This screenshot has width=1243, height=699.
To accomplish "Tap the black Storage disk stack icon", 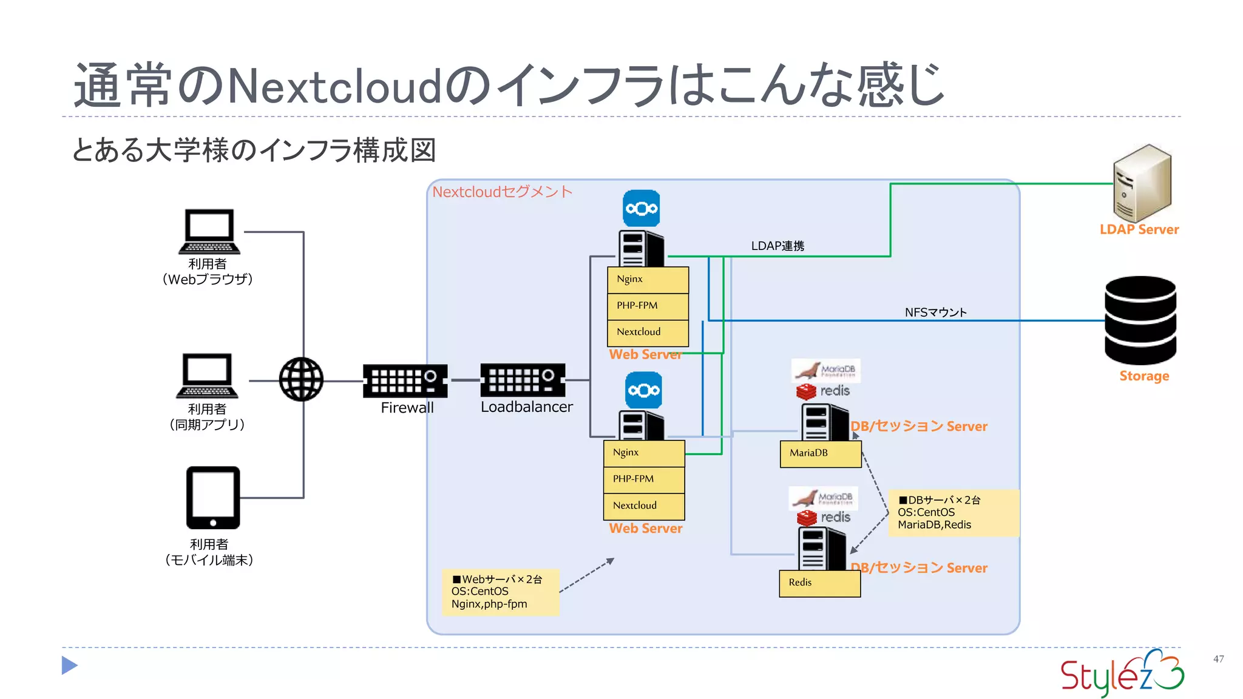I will point(1140,320).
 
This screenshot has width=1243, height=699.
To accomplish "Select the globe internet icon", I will point(301,379).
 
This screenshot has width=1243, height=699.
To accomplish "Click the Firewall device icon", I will point(405,380).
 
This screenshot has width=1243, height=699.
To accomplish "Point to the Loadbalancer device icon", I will point(523,380).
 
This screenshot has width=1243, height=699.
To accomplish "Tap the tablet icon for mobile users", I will point(213,498).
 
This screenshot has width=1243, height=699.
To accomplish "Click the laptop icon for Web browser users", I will point(209,232).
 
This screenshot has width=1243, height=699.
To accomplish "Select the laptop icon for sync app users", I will point(207,376).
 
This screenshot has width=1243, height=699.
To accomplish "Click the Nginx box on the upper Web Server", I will point(648,280).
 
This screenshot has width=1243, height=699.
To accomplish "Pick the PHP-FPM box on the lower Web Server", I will point(644,479).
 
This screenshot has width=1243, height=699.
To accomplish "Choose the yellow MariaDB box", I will point(820,453).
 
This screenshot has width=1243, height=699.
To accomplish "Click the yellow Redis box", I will point(819,583).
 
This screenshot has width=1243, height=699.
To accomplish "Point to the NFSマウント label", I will point(935,312).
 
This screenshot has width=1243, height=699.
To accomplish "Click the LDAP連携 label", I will point(777,246).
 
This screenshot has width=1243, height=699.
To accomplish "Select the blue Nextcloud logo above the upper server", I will point(642,209).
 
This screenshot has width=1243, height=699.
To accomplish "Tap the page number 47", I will point(1218,659).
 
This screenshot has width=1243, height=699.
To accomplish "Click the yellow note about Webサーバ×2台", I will point(501,592).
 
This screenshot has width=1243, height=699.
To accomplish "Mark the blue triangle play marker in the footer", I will point(69,666).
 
